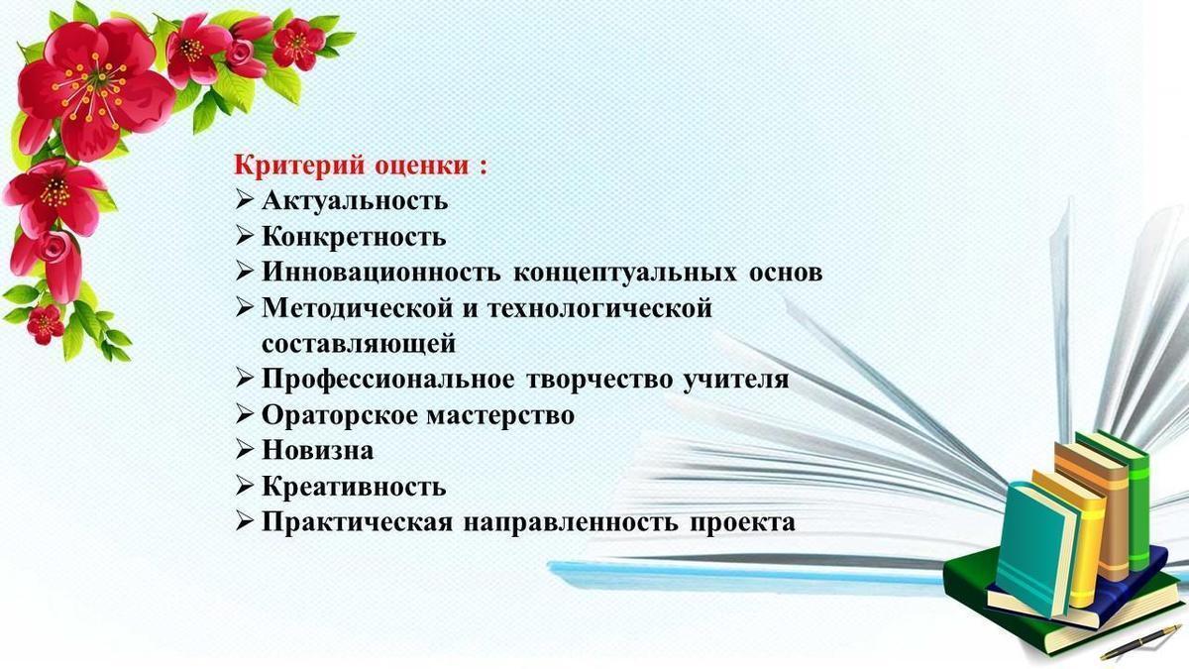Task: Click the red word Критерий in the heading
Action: [x=300, y=166]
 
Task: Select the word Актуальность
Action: [x=355, y=200]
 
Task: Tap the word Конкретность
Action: [x=354, y=236]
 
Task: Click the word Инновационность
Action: [x=380, y=272]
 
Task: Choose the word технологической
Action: [x=599, y=308]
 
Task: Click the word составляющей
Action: [x=359, y=344]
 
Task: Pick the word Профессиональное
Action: [x=388, y=379]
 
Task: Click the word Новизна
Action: [x=317, y=450]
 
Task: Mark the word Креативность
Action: [x=354, y=487]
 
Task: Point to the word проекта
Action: [x=742, y=522]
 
